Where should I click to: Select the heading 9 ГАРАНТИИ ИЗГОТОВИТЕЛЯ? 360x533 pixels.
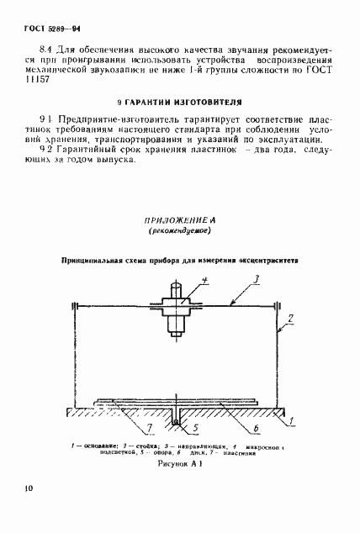(179, 109)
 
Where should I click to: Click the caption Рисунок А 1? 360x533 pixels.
(179, 462)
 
